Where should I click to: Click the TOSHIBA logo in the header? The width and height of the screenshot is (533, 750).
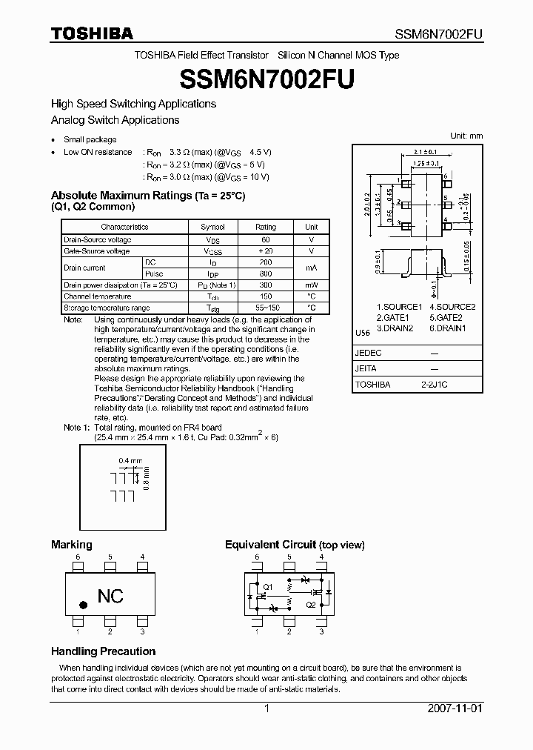[x=92, y=33]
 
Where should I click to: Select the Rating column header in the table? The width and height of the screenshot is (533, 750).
[x=266, y=227]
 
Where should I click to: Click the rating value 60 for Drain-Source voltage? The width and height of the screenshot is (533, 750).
[x=266, y=240]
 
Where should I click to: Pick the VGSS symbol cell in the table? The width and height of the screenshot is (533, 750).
[x=212, y=251]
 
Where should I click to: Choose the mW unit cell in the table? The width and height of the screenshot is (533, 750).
[x=311, y=285]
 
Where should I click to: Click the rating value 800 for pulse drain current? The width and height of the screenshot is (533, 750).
[x=266, y=274]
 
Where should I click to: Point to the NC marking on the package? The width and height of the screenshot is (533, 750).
[x=110, y=597]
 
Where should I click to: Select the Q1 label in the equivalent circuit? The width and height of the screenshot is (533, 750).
[x=267, y=587]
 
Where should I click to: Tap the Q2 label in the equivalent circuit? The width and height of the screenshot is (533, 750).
[x=311, y=605]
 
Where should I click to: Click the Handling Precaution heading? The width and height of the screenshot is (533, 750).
[x=103, y=651]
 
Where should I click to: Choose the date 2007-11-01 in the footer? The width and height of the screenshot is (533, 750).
[x=455, y=708]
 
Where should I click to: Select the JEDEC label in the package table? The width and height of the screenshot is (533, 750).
[x=369, y=354]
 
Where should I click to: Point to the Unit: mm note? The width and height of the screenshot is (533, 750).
[x=466, y=136]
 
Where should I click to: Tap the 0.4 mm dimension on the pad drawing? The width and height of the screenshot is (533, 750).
[x=128, y=461]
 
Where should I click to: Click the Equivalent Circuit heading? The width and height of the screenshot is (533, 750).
[x=270, y=545]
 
